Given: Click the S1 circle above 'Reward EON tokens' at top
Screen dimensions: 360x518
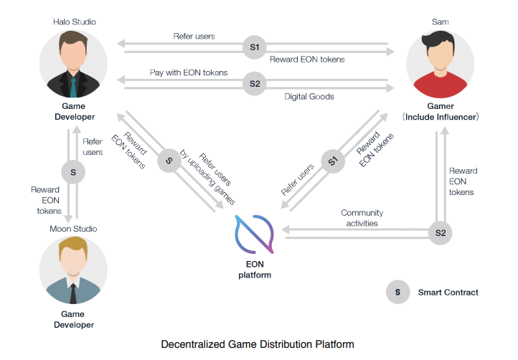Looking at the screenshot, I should [255, 47].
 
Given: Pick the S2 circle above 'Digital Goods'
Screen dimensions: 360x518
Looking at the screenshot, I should [255, 84].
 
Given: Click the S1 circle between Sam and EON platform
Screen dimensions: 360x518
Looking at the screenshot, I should [332, 161].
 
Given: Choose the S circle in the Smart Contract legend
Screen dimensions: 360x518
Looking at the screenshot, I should [395, 292].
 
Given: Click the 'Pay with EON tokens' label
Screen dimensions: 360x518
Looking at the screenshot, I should [189, 72].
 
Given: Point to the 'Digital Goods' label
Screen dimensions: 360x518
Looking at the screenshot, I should [309, 95].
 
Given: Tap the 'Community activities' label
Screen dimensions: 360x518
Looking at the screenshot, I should [362, 218].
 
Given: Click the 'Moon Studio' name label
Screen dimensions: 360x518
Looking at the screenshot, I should [73, 229].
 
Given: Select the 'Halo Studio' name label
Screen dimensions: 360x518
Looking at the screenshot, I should [73, 22].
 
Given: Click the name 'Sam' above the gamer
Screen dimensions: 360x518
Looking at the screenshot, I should [441, 22].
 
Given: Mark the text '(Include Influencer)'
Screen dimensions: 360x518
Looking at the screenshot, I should [441, 116].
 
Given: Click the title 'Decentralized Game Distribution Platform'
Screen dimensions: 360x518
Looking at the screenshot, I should [258, 344].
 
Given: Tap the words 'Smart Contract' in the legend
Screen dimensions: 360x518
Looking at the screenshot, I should [448, 292].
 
